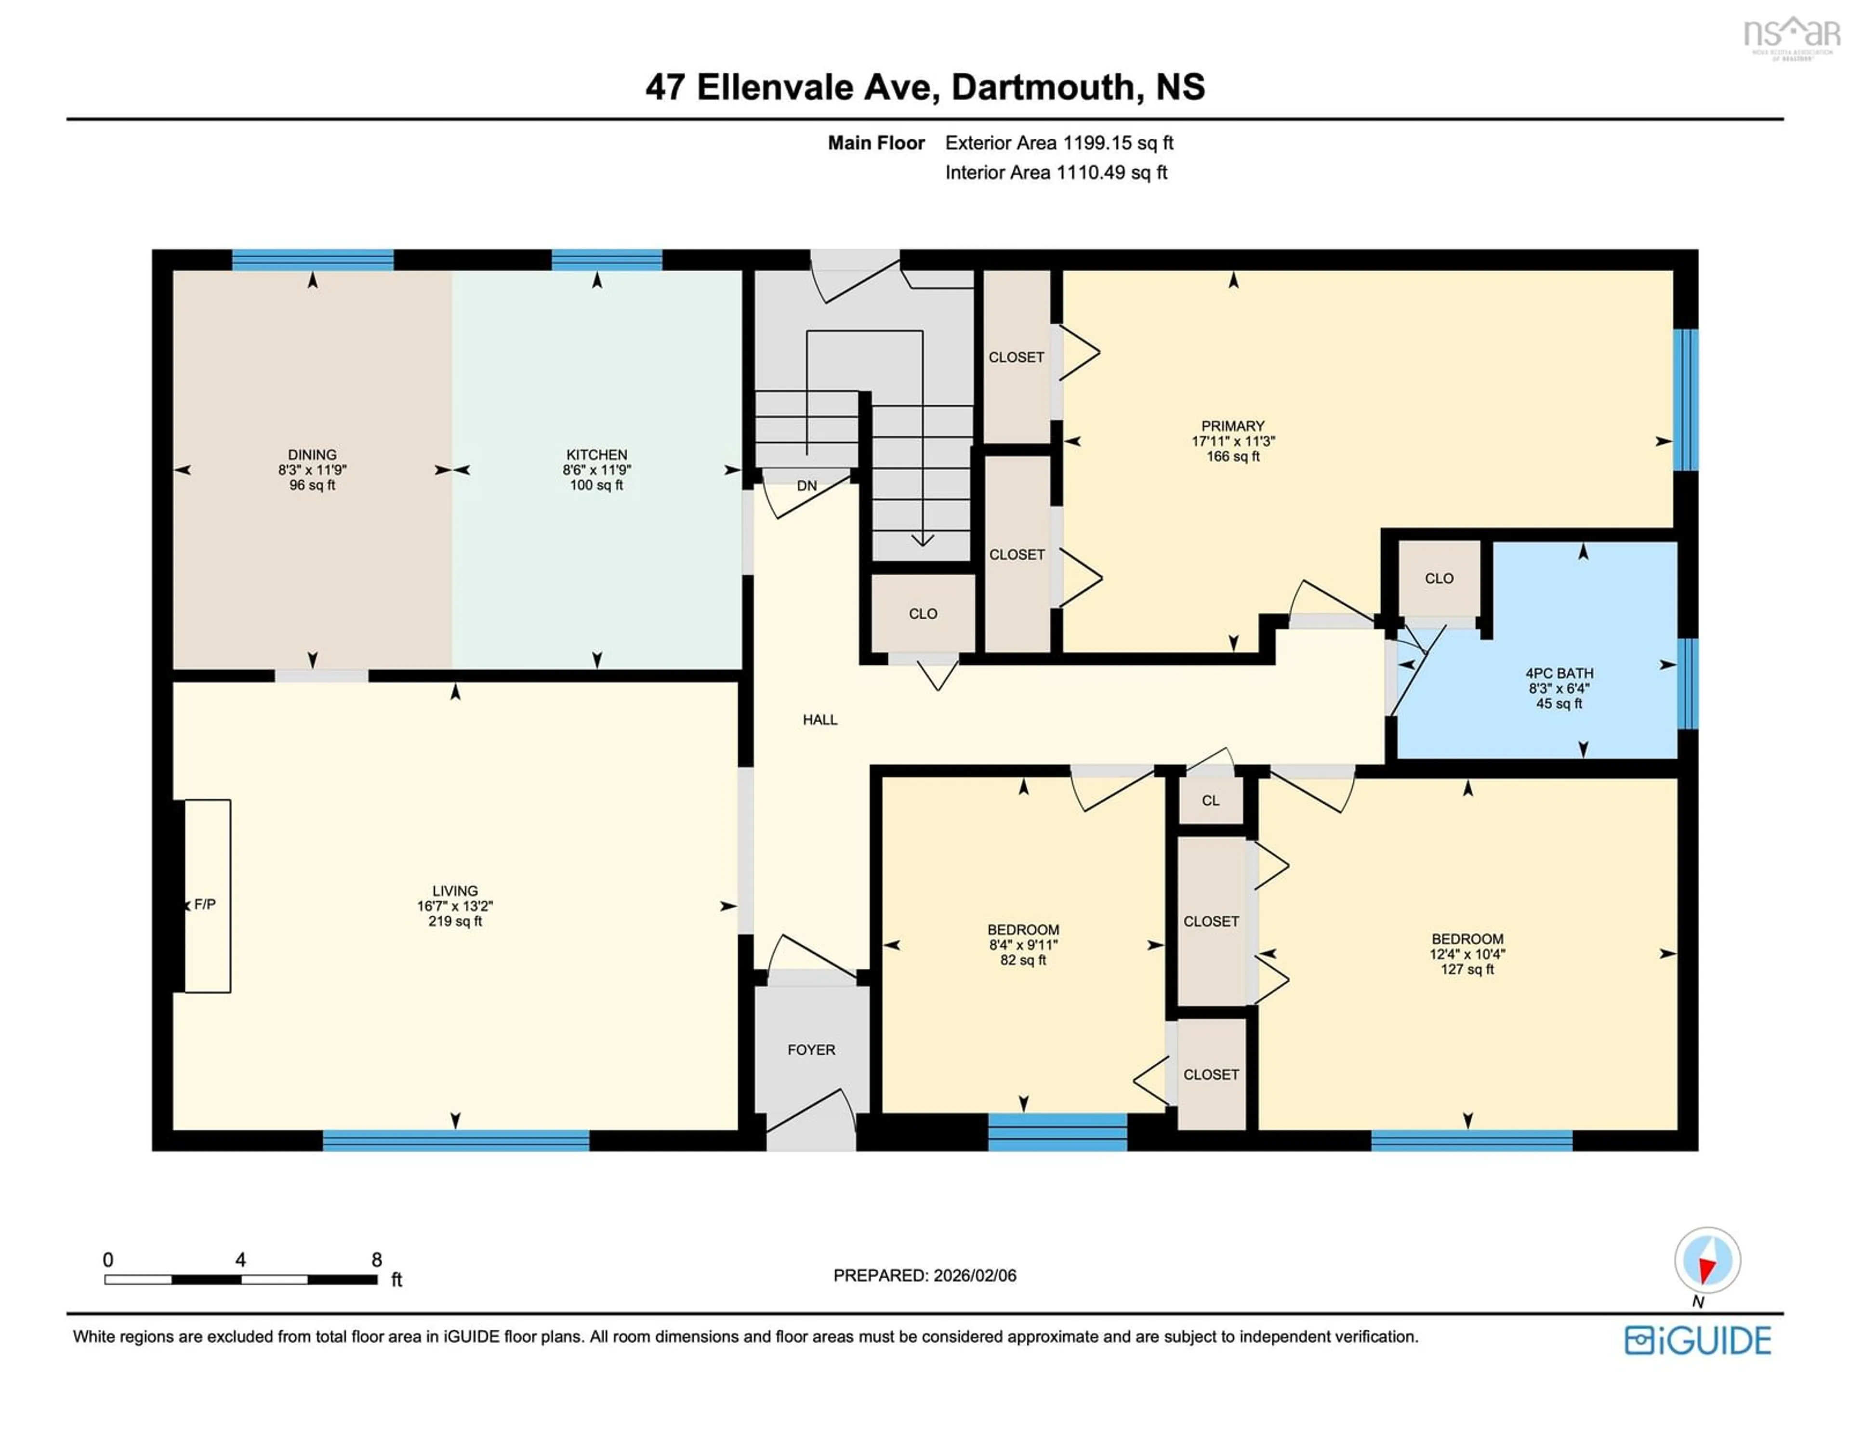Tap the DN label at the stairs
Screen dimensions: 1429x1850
(x=806, y=485)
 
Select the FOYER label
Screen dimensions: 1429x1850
(x=811, y=1049)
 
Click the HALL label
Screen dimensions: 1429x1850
(x=819, y=719)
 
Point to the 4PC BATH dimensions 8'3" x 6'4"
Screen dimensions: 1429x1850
(x=1559, y=688)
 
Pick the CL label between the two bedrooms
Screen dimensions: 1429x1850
(x=1211, y=800)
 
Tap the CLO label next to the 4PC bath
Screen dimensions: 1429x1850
(x=1438, y=579)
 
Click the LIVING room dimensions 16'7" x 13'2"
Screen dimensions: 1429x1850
(x=455, y=905)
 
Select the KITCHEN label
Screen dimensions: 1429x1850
(x=596, y=455)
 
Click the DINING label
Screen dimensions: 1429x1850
(x=312, y=455)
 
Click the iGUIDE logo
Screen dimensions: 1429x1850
(x=1697, y=1340)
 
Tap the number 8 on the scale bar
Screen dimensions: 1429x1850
(x=376, y=1259)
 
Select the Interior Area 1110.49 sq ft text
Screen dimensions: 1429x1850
(x=1056, y=173)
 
